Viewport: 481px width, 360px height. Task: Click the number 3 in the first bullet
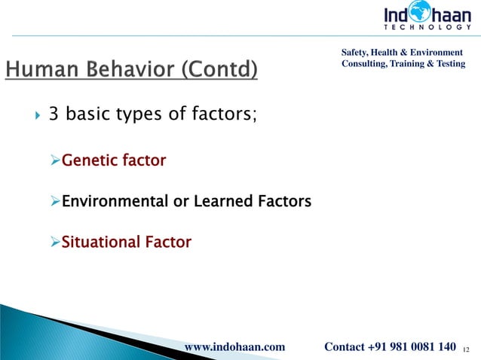(54, 115)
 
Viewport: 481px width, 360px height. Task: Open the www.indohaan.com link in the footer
(234, 346)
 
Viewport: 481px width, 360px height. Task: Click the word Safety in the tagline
(358, 52)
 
